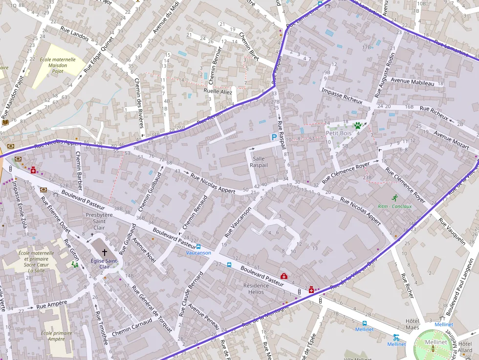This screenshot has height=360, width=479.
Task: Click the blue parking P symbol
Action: click(x=274, y=138)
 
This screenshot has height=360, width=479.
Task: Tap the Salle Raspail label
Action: click(x=259, y=162)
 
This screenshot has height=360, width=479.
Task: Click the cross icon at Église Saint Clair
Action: click(x=104, y=252)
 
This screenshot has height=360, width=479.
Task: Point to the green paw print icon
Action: click(x=358, y=126)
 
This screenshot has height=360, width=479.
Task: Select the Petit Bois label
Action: click(x=338, y=133)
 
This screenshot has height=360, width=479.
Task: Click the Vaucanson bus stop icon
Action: click(x=198, y=247)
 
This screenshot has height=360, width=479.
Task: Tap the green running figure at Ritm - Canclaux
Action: click(x=394, y=198)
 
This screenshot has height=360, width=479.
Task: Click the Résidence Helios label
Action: click(x=256, y=289)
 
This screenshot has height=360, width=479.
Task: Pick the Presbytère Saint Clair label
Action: click(x=99, y=221)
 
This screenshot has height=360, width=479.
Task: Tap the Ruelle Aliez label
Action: click(x=218, y=91)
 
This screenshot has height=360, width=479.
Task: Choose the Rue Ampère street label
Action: click(x=52, y=306)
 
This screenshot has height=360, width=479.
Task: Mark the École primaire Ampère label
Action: click(x=53, y=336)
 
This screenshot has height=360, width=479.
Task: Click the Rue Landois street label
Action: click(x=74, y=33)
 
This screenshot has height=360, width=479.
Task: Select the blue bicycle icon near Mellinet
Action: click(x=396, y=337)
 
